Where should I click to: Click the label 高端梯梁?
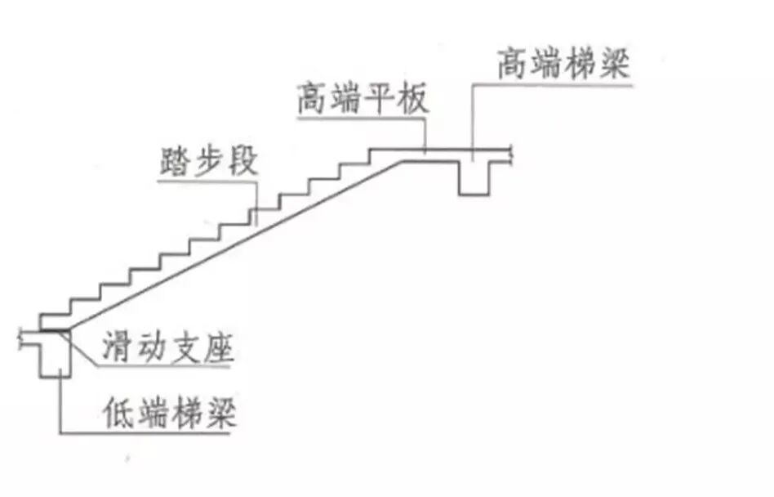(564, 63)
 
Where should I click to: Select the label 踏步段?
(208, 161)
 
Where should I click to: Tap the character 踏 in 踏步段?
(175, 161)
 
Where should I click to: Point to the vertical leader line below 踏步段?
(257, 200)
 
